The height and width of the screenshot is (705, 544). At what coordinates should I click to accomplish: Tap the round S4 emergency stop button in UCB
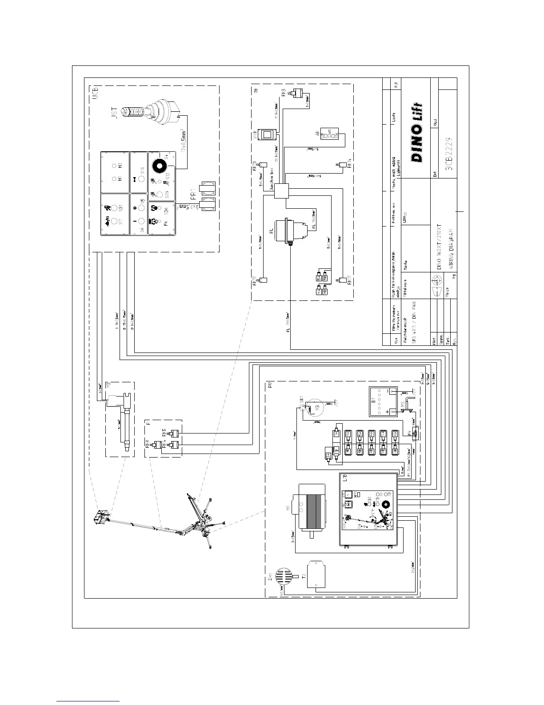point(159,166)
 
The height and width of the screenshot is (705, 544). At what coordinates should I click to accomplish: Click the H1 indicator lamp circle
point(114,178)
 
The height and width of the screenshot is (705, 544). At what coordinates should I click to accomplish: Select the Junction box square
point(281,191)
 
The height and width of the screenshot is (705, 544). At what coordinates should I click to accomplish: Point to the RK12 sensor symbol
point(263,280)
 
